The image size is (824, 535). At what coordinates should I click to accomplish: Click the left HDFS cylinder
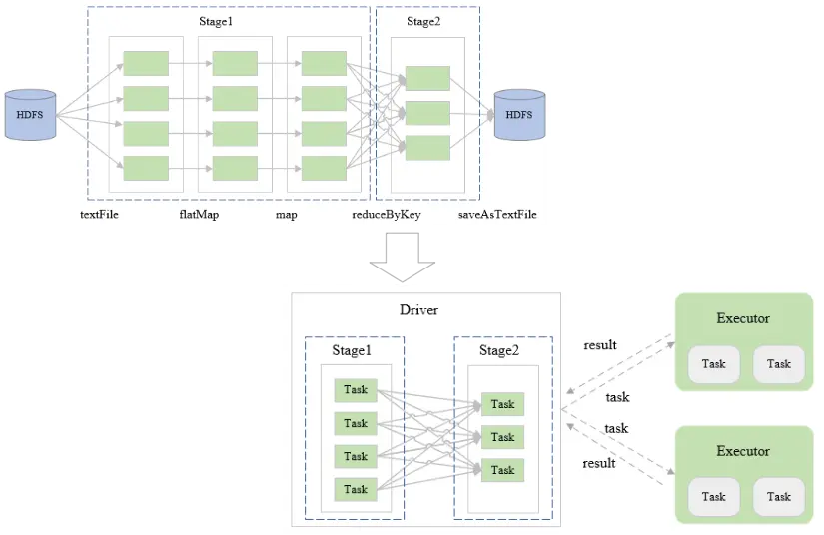(x=29, y=114)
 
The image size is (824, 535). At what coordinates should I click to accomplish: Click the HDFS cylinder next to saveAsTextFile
(x=518, y=115)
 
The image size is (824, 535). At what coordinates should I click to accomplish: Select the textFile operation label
(x=99, y=215)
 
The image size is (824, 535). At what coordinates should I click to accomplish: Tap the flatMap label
(x=186, y=215)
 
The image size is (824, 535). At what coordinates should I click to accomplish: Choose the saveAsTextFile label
(x=496, y=215)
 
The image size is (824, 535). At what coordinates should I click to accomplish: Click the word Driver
(x=418, y=310)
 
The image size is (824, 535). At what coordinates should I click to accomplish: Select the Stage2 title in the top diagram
(x=423, y=22)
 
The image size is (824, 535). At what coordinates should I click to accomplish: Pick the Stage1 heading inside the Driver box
(x=352, y=350)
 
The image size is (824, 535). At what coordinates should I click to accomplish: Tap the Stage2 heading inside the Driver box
(x=499, y=350)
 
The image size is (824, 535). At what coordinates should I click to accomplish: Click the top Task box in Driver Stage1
(x=356, y=390)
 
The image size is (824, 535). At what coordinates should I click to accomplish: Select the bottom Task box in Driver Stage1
(x=356, y=489)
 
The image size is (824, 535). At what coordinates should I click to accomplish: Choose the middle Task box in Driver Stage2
(x=502, y=437)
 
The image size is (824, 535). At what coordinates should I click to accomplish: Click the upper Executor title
(x=743, y=318)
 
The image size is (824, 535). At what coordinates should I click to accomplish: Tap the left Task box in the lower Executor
(x=713, y=496)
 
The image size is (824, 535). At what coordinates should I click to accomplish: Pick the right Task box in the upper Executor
(x=779, y=364)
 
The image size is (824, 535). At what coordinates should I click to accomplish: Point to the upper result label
(x=600, y=345)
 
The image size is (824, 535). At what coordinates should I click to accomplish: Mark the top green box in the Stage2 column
(x=427, y=78)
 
